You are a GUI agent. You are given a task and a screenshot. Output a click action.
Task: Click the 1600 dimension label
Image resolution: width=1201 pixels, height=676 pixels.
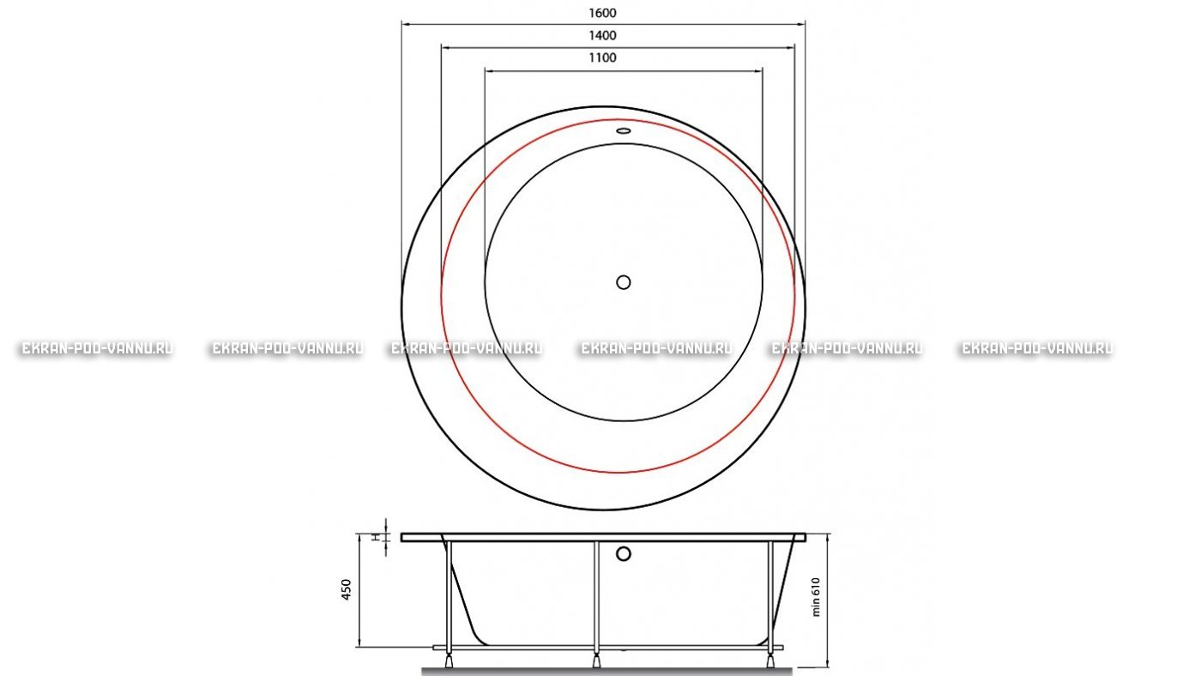point(602,13)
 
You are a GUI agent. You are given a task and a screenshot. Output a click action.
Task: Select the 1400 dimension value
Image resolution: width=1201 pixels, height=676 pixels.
point(602,35)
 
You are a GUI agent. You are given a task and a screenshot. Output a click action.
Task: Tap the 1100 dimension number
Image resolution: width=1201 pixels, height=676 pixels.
point(602,57)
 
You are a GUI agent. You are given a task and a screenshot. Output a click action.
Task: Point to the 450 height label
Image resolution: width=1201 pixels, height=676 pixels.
point(347,589)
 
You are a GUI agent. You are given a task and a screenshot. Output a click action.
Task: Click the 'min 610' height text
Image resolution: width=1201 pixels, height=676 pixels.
point(816,597)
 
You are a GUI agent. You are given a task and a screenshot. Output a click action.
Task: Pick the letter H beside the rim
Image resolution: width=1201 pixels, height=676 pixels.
point(377,537)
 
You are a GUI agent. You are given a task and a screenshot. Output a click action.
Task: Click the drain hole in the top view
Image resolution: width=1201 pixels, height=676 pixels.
point(623,282)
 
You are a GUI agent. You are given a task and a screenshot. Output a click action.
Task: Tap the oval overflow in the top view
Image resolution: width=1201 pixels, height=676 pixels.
point(623,130)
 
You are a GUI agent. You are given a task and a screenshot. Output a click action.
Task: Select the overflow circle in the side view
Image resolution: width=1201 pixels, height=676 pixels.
point(623,554)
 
